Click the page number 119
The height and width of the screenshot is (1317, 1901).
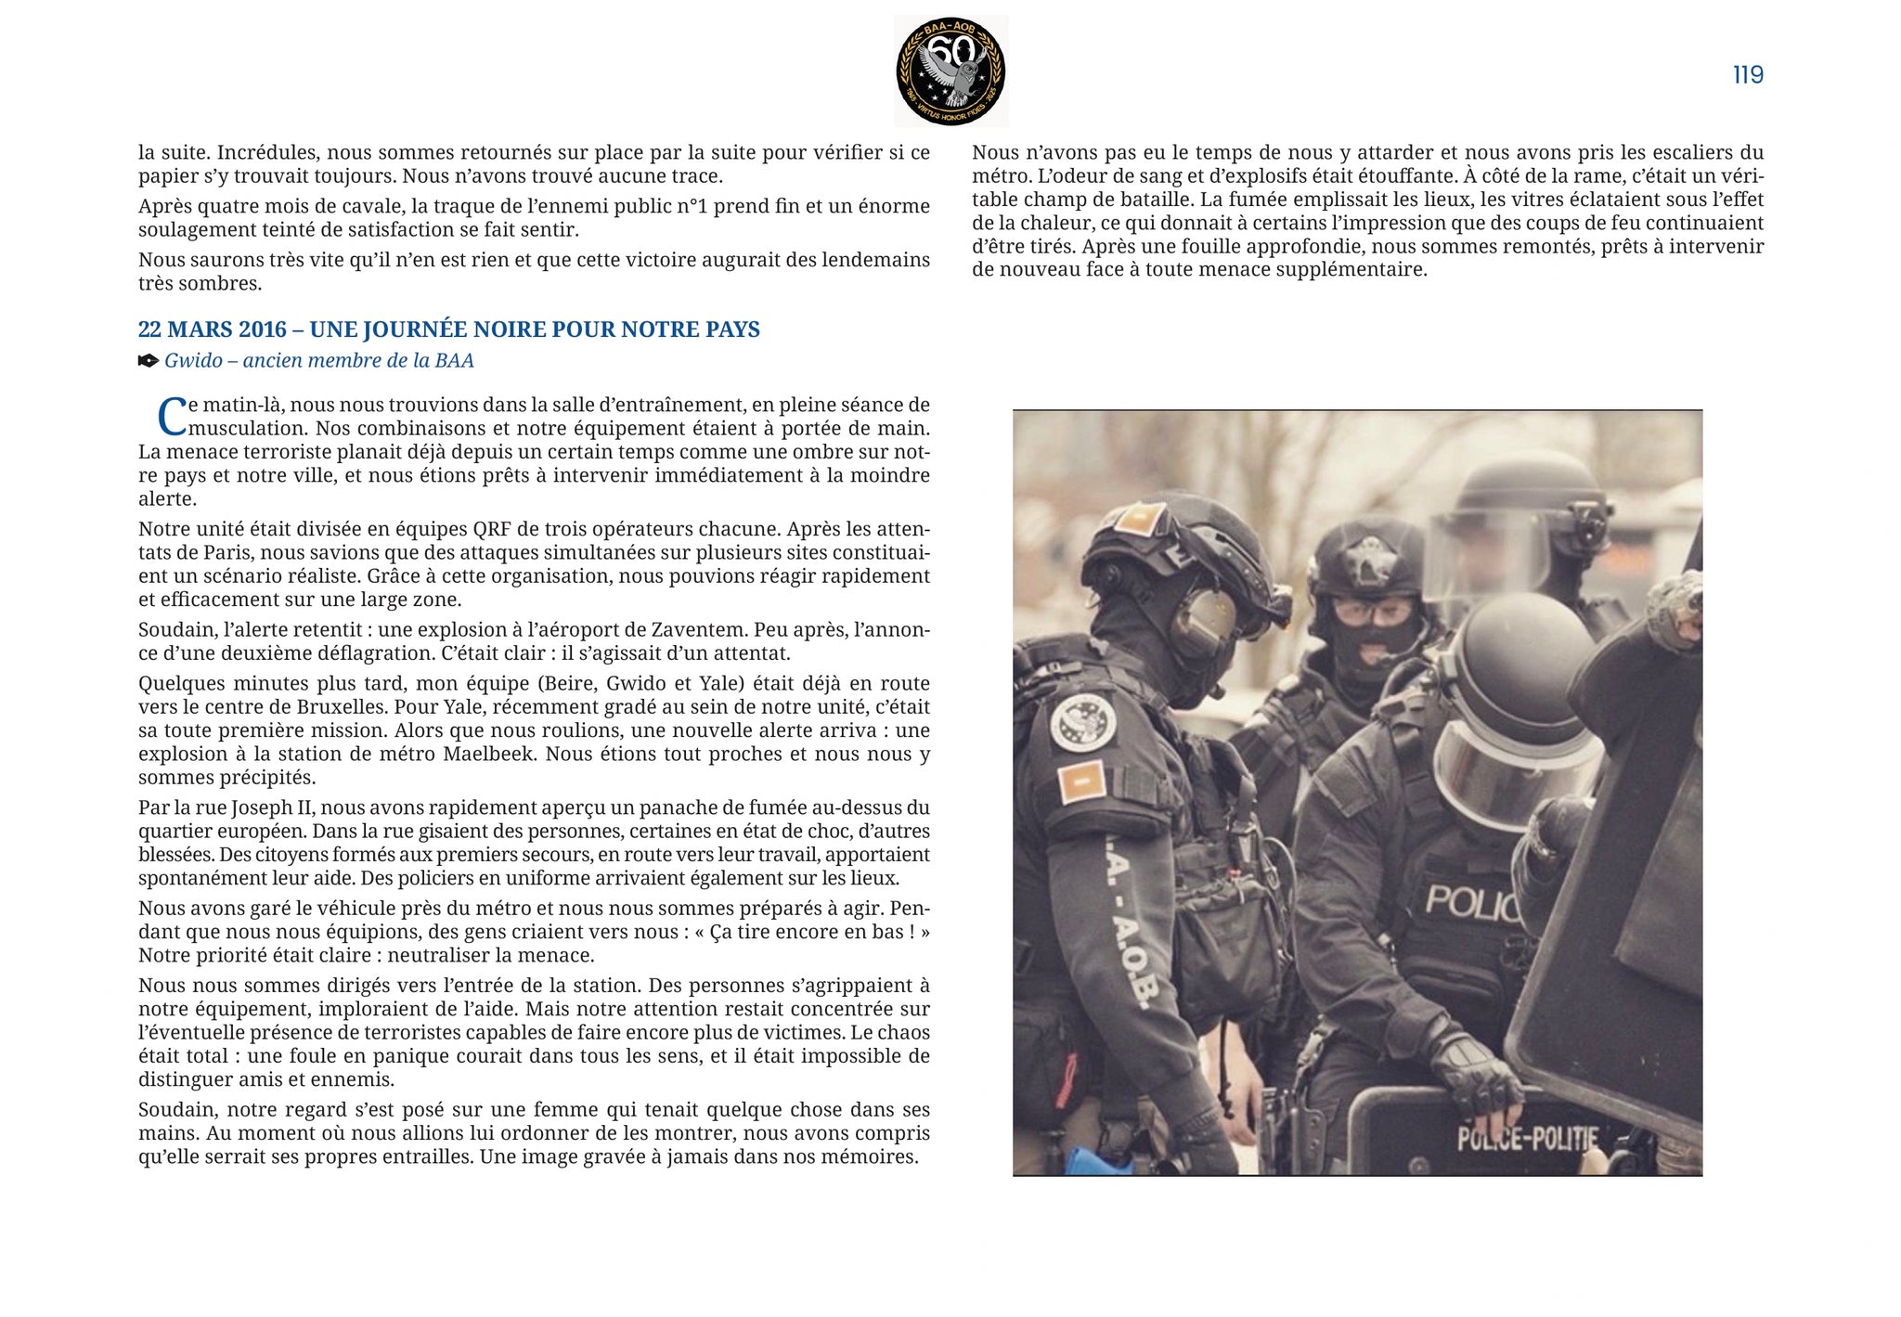pos(1748,75)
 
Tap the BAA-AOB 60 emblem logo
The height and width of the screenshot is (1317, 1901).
pos(950,71)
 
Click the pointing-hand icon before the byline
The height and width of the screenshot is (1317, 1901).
pos(149,361)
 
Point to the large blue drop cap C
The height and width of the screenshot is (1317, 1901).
pos(172,417)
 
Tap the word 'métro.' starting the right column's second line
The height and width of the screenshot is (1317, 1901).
pos(1001,176)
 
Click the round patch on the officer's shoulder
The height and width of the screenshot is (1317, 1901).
pos(1082,721)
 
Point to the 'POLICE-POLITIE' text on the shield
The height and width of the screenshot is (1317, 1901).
pos(1527,1138)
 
